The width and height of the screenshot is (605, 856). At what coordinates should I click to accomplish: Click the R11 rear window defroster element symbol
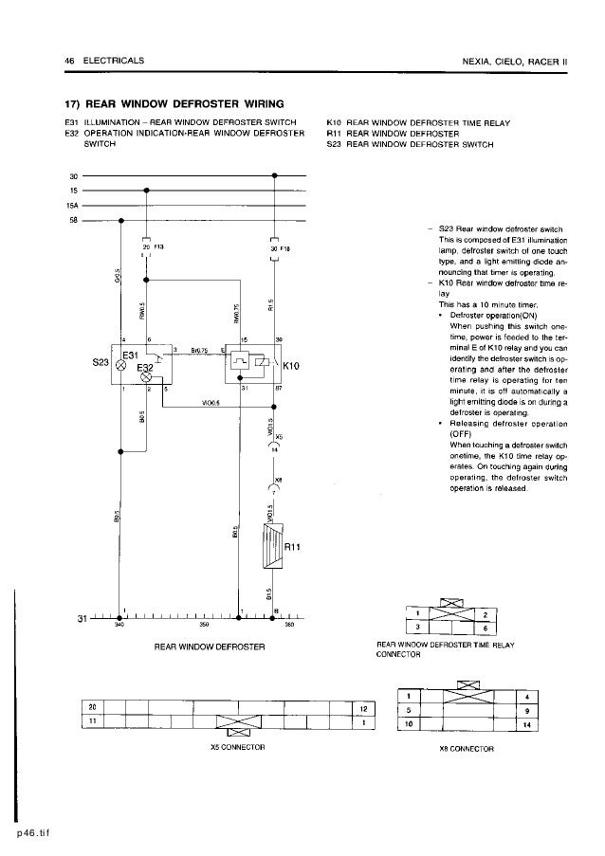pyautogui.click(x=272, y=548)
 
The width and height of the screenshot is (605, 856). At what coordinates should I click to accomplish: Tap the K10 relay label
pyautogui.click(x=292, y=362)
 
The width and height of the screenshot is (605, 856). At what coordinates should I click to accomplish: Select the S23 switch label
pyautogui.click(x=98, y=362)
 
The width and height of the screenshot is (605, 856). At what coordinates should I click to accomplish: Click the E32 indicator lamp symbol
pyautogui.click(x=146, y=376)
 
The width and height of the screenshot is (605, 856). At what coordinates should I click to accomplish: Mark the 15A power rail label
pyautogui.click(x=73, y=205)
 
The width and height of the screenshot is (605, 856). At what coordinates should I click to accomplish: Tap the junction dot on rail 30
pyautogui.click(x=274, y=175)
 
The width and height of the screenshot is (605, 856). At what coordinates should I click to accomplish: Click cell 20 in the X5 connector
pyautogui.click(x=93, y=707)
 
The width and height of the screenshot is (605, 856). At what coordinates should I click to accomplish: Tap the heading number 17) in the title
pyautogui.click(x=74, y=102)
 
